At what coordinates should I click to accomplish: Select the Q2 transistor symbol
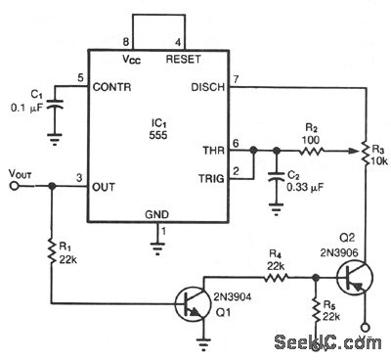pyautogui.click(x=356, y=279)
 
